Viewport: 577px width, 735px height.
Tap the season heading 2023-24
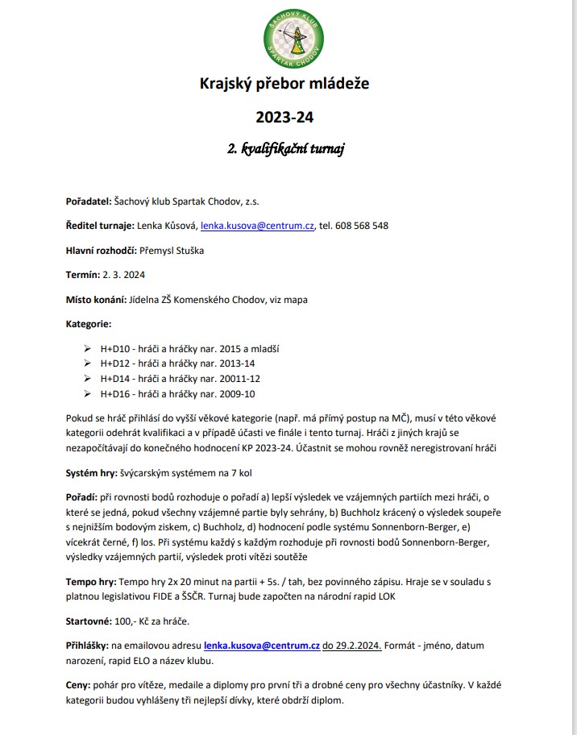pos(284,117)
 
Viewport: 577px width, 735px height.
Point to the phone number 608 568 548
pos(362,226)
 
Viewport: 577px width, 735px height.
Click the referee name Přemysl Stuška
pos(172,251)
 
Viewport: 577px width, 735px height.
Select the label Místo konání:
pos(96,300)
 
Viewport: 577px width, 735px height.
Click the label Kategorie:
pos(89,324)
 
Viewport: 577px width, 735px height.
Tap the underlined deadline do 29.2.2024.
pos(352,646)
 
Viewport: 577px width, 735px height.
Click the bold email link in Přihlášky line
pos(262,646)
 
